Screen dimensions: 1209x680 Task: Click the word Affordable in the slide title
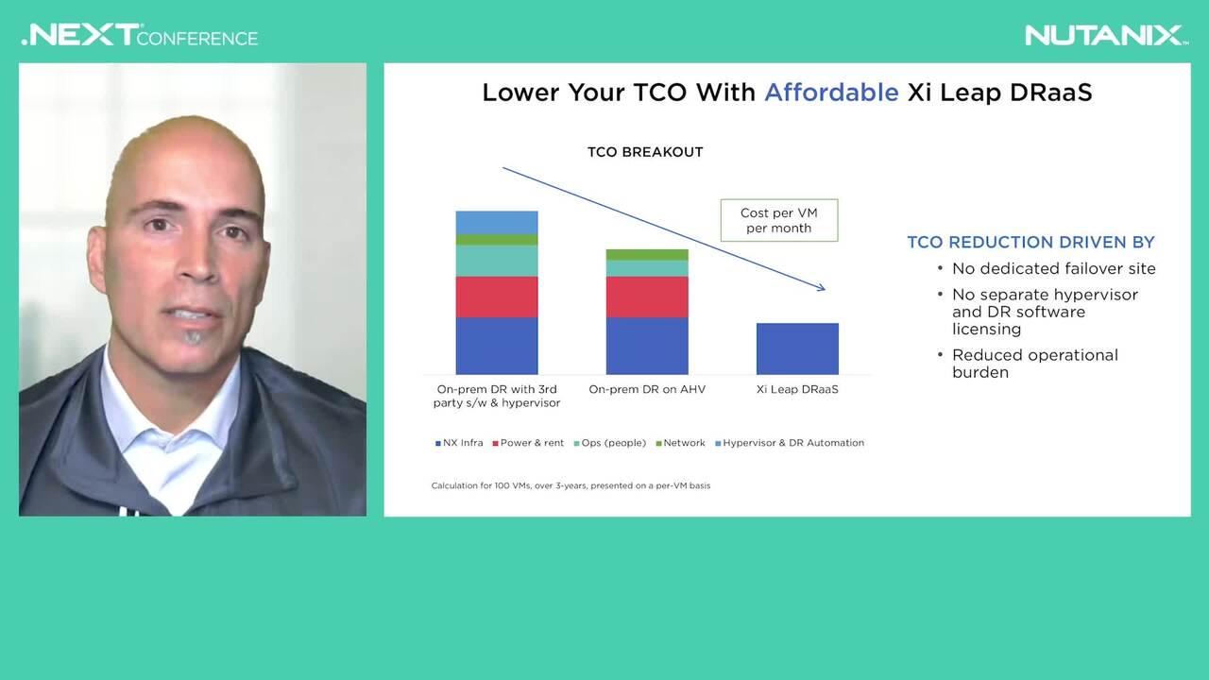(x=831, y=93)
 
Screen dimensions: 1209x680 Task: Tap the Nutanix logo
(x=1106, y=36)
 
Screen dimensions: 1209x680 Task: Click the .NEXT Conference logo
(x=140, y=36)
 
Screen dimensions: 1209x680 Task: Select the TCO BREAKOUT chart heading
(x=645, y=152)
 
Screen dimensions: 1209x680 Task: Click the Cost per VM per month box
(x=779, y=220)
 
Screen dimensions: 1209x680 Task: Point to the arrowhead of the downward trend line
(x=822, y=289)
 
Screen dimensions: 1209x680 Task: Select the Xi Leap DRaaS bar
(x=797, y=348)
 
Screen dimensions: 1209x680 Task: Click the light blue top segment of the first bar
(x=497, y=222)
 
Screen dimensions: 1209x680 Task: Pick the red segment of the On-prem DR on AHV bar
(x=647, y=297)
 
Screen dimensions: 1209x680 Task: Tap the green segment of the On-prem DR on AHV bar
(x=647, y=255)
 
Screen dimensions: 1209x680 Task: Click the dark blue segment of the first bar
(x=497, y=346)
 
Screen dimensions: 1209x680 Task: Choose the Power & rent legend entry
(x=528, y=443)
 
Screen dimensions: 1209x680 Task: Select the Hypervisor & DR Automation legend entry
(x=790, y=443)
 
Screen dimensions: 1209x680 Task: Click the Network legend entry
(x=681, y=443)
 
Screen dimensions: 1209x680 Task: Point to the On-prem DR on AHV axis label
(x=647, y=389)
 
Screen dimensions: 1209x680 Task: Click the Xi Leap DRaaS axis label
(x=797, y=389)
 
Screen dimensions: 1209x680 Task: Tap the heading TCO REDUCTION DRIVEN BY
(x=1030, y=243)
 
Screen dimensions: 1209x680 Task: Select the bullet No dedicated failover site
(x=1053, y=268)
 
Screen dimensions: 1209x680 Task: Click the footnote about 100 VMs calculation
(x=570, y=485)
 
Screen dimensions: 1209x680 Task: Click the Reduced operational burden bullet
(x=1034, y=364)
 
